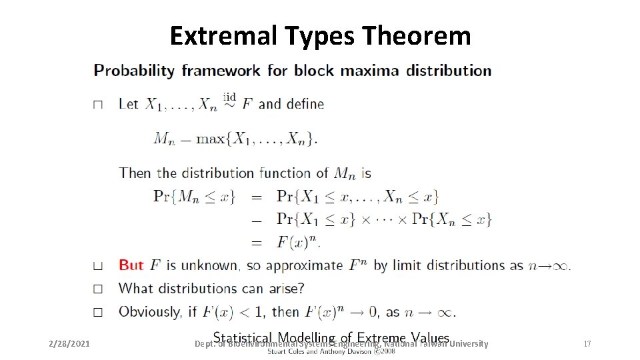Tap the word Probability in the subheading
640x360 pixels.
(x=134, y=71)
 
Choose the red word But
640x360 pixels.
(x=131, y=265)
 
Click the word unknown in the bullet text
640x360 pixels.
(x=211, y=265)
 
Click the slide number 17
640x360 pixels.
(x=587, y=344)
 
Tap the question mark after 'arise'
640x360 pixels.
(x=301, y=289)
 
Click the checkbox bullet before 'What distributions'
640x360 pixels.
(x=98, y=289)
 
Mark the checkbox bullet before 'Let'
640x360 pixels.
(x=98, y=105)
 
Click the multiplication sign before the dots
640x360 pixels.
(x=366, y=219)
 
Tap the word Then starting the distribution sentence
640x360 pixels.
(x=135, y=173)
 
